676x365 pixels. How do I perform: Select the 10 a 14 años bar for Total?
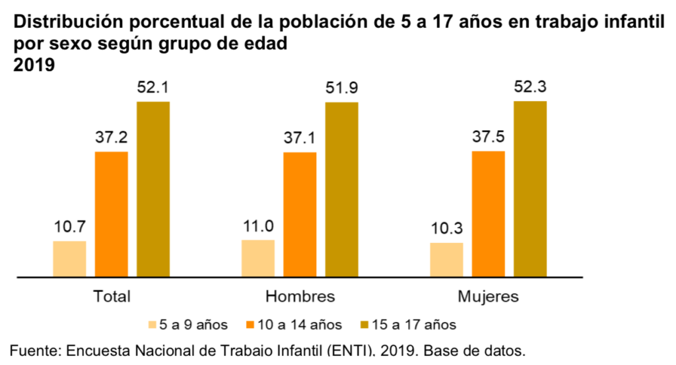pyautogui.click(x=112, y=213)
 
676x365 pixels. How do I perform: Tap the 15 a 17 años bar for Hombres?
pyautogui.click(x=341, y=189)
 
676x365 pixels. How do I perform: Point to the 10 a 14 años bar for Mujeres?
pyautogui.click(x=489, y=213)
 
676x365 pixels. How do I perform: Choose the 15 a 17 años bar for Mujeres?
pyautogui.click(x=530, y=188)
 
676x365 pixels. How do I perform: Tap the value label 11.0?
pyautogui.click(x=258, y=226)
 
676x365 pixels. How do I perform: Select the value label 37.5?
pyautogui.click(x=489, y=138)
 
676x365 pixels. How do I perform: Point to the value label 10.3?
pyautogui.click(x=446, y=230)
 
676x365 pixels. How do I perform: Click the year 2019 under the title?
pyautogui.click(x=33, y=66)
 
